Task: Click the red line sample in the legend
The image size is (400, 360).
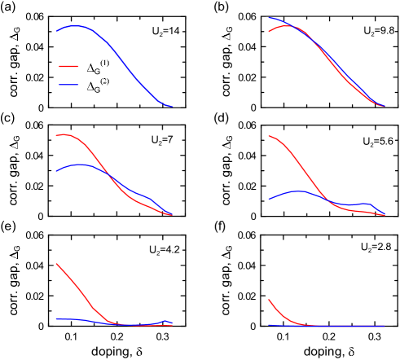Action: click(68, 67)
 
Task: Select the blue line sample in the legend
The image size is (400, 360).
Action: click(68, 85)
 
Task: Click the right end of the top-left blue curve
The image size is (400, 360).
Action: click(173, 106)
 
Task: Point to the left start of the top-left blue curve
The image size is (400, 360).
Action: click(56, 32)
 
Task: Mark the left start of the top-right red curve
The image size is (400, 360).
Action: click(269, 32)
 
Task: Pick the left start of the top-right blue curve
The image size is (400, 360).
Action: click(269, 18)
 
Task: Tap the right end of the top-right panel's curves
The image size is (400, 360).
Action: click(385, 106)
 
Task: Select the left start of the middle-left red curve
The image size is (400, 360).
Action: click(56, 135)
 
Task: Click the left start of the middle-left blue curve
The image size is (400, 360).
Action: click(56, 172)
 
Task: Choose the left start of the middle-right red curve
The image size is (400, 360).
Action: click(269, 136)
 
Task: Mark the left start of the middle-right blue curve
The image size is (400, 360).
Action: click(269, 200)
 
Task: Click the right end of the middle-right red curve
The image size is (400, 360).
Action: click(385, 215)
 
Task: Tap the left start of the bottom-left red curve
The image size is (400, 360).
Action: click(56, 264)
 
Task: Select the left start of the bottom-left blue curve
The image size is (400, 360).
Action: click(56, 319)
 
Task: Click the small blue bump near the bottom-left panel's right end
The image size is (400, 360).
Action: click(166, 322)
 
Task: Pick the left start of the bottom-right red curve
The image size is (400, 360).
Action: click(269, 301)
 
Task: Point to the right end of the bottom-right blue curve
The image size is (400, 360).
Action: click(385, 326)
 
